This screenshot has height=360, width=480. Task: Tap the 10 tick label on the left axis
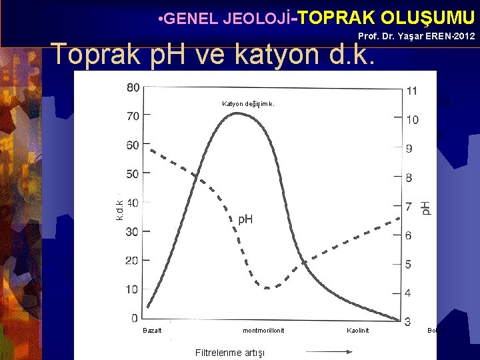click(x=132, y=289)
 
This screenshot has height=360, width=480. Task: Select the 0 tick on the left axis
click(x=135, y=318)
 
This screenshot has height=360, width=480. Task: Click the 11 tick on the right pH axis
click(x=411, y=91)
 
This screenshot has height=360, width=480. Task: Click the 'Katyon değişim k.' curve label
click(x=248, y=103)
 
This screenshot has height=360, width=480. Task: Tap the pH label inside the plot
click(x=245, y=219)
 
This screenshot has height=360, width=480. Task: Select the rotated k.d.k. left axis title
click(x=119, y=210)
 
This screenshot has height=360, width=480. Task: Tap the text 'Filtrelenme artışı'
click(x=229, y=352)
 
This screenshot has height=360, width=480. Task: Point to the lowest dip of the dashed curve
click(x=267, y=288)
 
